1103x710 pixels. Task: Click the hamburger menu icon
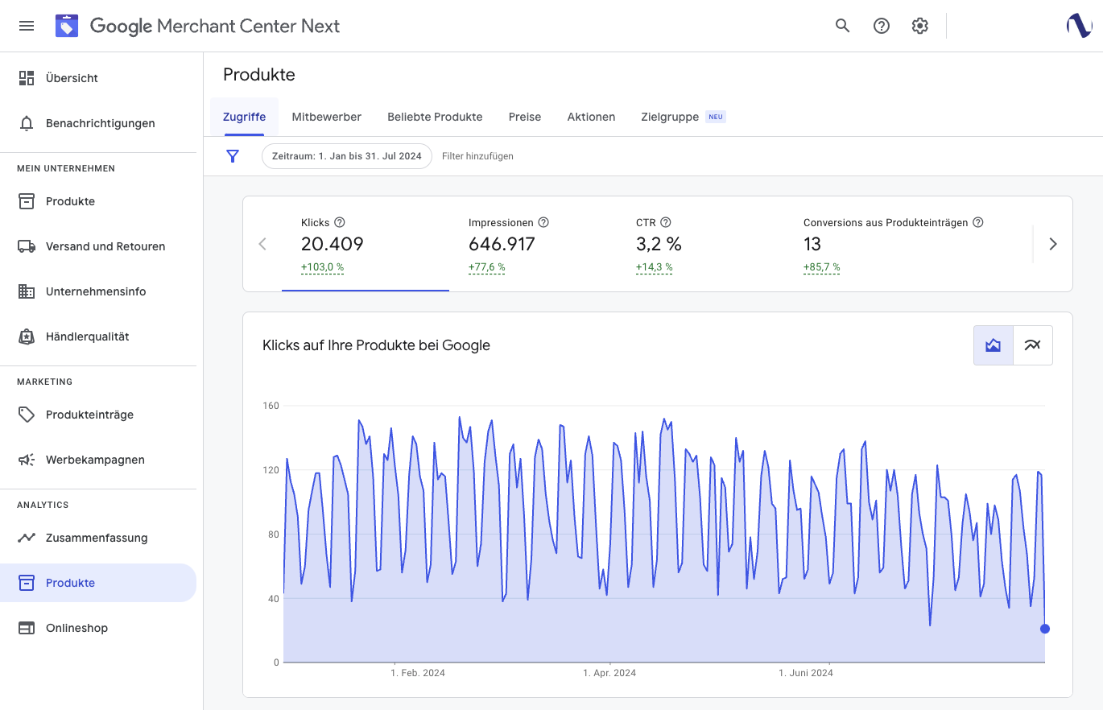coord(27,26)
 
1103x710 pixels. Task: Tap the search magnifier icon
coord(842,26)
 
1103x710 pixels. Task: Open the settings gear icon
coord(919,26)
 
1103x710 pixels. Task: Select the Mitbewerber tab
coord(326,117)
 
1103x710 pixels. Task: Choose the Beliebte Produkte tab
coord(435,117)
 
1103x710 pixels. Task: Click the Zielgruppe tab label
coord(670,117)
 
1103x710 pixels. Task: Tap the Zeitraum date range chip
coord(347,156)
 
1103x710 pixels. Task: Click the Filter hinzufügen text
coord(477,156)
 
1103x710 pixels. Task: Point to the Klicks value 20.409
coord(333,244)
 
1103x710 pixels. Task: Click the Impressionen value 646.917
coord(502,244)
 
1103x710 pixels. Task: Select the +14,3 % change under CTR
coord(654,267)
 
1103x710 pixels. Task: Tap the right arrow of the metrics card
coord(1052,244)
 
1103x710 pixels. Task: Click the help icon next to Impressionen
coord(543,222)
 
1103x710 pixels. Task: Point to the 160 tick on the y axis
coord(271,406)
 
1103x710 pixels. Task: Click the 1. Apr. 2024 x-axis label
coord(609,673)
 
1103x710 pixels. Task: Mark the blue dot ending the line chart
coord(1045,629)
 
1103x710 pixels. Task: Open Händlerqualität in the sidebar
coord(87,336)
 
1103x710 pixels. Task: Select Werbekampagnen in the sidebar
coord(95,460)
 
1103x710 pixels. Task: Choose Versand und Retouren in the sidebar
coord(105,246)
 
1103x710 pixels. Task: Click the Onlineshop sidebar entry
coord(76,628)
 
